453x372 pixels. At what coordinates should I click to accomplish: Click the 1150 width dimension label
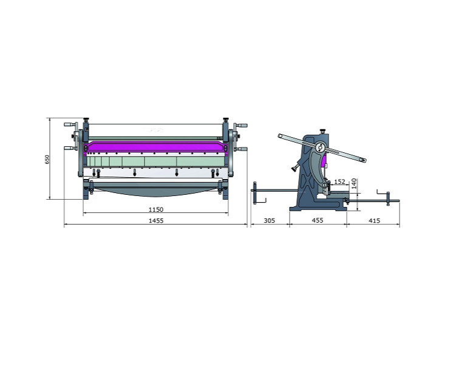155,209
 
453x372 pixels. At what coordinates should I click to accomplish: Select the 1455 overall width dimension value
156,221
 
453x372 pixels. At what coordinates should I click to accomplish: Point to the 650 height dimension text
47,159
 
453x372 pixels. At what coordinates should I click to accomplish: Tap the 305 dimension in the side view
270,221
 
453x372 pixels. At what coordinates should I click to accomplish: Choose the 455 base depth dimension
318,220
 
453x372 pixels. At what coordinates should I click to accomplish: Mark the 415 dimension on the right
375,221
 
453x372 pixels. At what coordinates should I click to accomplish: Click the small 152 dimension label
339,181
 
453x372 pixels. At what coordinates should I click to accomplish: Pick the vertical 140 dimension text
354,183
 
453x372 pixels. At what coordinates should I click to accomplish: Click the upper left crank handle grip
68,124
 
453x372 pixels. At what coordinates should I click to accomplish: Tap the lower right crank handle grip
244,149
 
